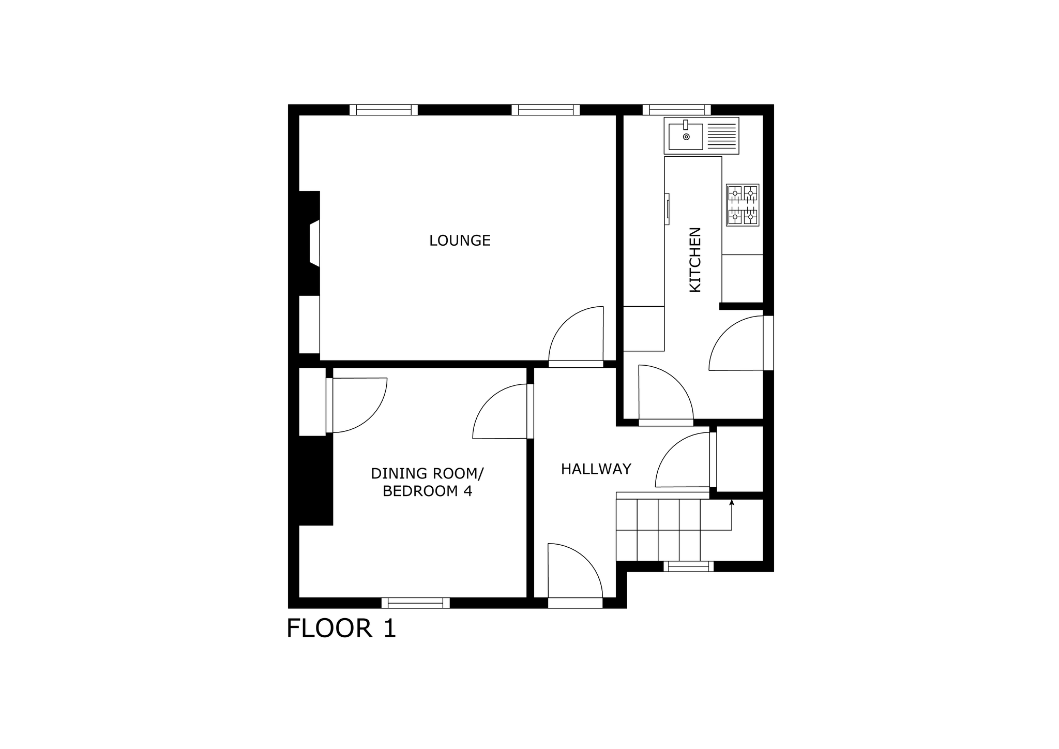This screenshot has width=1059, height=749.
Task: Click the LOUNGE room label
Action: pos(460,241)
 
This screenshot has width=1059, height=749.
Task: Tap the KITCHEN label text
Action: pos(695,260)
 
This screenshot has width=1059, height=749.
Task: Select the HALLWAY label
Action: pos(596,469)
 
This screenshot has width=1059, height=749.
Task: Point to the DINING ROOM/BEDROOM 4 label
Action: pos(427,482)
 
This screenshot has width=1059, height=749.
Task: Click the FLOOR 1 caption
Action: pos(341,628)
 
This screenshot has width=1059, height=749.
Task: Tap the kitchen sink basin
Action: pos(686,136)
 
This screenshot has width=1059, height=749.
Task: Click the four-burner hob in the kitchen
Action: pos(743,205)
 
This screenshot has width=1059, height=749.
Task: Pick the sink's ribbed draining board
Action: pos(721,136)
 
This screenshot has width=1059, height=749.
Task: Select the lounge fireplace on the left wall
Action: pos(310,243)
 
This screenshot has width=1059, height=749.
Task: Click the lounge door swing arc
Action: pos(576,334)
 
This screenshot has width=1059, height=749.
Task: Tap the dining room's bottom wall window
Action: pos(416,603)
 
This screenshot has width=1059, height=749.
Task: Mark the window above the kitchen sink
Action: pos(677,110)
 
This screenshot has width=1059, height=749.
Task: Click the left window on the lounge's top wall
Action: pos(384,110)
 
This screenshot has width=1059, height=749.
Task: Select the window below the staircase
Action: pos(689,566)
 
